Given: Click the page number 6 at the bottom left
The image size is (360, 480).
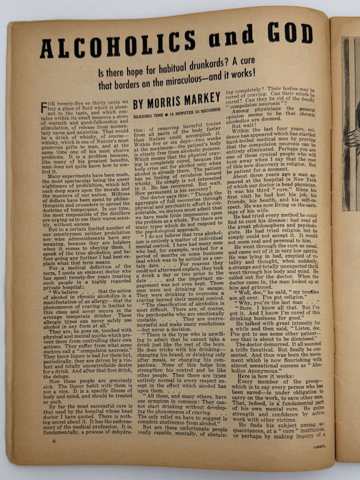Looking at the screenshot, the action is coord(34,460).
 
